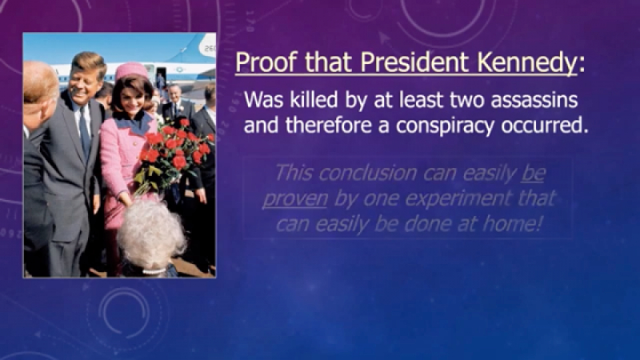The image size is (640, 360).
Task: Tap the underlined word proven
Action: coord(294,198)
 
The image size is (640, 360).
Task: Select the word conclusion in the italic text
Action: coord(369,172)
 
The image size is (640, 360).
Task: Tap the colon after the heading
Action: coord(581,64)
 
